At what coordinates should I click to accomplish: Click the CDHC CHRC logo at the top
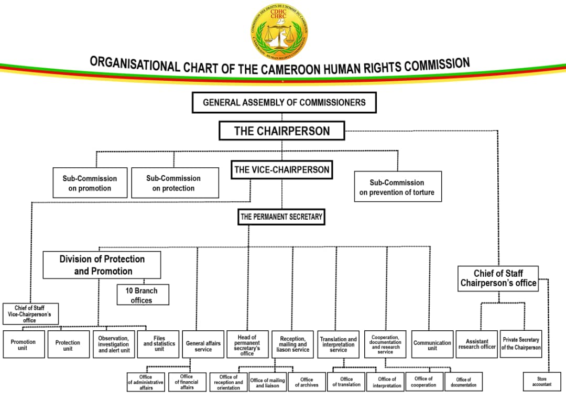point(279,31)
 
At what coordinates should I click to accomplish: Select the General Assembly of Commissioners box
point(284,102)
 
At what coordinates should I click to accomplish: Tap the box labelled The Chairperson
point(281,131)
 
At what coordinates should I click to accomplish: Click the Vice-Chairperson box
point(281,169)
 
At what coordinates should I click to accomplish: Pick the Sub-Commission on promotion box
point(90,183)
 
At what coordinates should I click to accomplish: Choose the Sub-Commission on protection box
point(175,183)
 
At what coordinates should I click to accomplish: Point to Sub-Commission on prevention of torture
point(397,187)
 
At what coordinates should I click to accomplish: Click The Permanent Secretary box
point(281,217)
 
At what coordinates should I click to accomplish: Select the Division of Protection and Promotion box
point(102,265)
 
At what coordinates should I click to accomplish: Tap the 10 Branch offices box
point(143,295)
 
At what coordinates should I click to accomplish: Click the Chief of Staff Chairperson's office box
point(498,278)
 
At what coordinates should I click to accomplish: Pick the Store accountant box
point(541,381)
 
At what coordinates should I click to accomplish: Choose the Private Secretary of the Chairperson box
point(520,344)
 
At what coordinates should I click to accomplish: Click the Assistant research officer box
point(476,344)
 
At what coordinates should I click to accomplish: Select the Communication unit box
point(432,344)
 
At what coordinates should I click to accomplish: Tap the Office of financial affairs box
point(187,382)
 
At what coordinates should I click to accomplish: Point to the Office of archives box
point(307,382)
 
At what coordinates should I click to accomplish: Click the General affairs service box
point(203,344)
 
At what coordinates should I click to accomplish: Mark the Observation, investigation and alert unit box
point(114,344)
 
